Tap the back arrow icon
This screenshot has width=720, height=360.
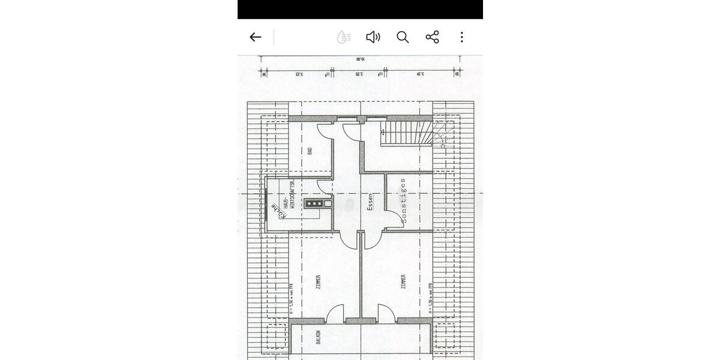(256, 37)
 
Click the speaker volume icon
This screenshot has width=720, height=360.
(373, 37)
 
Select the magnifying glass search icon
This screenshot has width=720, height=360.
(403, 37)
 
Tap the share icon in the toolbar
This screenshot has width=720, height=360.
(432, 37)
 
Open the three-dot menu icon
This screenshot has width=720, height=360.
(461, 37)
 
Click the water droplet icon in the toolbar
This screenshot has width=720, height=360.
(344, 37)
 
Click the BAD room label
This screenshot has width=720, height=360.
(310, 151)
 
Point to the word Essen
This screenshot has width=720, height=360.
(370, 202)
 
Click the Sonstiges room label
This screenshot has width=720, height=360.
(403, 200)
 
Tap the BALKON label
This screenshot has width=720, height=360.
(317, 337)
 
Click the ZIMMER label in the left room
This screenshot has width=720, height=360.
(318, 282)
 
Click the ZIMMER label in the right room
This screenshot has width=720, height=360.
(403, 282)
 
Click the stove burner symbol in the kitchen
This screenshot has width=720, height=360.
(314, 204)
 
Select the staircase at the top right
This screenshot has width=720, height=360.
(407, 133)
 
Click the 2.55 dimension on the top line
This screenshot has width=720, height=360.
(358, 74)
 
